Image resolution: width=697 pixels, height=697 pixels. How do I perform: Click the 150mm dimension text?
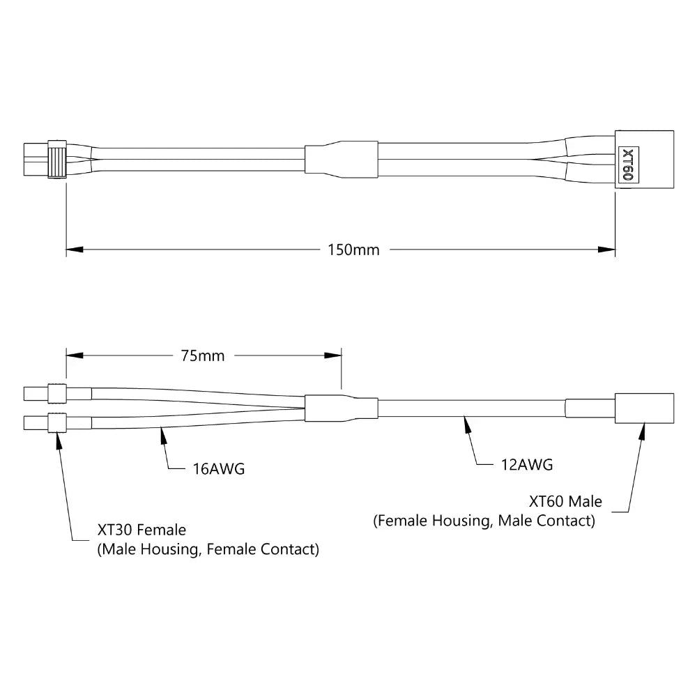(x=353, y=250)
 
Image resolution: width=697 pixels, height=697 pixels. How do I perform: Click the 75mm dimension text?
(x=203, y=355)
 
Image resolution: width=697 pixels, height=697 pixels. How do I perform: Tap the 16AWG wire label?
(x=218, y=469)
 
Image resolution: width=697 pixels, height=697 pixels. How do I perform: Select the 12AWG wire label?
(x=527, y=465)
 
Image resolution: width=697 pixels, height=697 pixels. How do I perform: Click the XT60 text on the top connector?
(x=628, y=164)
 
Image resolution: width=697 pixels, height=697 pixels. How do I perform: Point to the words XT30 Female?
(x=141, y=530)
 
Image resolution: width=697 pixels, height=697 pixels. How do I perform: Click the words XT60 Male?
(x=565, y=501)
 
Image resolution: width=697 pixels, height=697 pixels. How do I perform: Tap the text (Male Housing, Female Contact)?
(x=208, y=549)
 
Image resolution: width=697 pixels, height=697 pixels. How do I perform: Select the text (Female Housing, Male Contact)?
(x=484, y=521)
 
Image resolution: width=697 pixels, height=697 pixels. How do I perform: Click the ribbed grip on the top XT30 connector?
(x=57, y=160)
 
